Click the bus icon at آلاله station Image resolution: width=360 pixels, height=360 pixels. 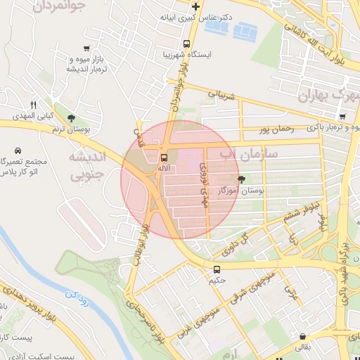point(164,157)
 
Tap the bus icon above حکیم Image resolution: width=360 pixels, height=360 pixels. point(217,269)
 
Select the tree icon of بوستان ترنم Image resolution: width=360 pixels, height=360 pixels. point(70,117)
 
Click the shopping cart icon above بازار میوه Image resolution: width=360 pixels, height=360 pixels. point(86,49)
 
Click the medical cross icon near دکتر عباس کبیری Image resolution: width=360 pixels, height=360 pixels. point(195,7)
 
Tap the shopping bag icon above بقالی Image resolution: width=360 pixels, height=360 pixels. point(302,335)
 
